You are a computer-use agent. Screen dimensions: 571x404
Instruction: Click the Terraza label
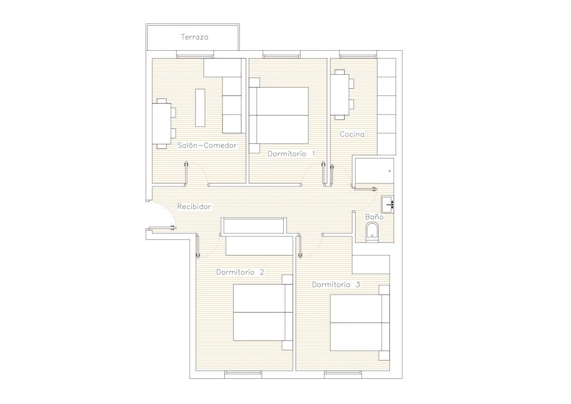[x=195, y=37]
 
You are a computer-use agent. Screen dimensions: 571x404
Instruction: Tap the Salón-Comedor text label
[x=207, y=145]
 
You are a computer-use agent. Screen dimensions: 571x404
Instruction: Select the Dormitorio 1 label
[x=291, y=153]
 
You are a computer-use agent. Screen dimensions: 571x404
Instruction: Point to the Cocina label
[x=352, y=134]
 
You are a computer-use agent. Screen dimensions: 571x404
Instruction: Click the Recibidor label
[x=194, y=206]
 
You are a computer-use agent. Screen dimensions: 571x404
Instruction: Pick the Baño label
[x=374, y=217]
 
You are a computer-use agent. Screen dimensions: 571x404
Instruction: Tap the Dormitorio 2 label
[x=240, y=272]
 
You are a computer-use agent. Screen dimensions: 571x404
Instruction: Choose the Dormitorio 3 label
[x=336, y=285]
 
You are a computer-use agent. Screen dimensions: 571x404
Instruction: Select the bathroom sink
[x=388, y=204]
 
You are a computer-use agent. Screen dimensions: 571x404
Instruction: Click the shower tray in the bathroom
[x=374, y=172]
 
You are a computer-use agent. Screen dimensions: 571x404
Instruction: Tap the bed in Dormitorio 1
[x=279, y=116]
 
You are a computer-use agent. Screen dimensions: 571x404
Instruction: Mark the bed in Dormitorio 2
[x=263, y=312]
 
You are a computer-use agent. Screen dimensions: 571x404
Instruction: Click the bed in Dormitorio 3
[x=360, y=323]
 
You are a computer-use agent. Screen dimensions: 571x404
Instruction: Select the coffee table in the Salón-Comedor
[x=200, y=108]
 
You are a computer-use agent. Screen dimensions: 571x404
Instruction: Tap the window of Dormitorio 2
[x=243, y=373]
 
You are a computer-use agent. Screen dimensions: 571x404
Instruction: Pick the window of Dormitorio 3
[x=343, y=373]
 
